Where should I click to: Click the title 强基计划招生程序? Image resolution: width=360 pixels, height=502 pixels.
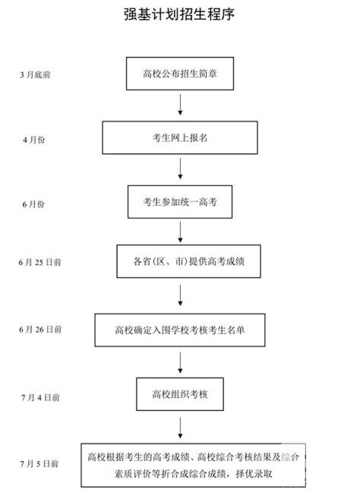(x=179, y=14)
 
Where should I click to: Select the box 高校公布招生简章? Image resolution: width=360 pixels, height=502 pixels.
(x=180, y=74)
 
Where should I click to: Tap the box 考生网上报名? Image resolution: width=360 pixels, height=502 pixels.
(x=180, y=137)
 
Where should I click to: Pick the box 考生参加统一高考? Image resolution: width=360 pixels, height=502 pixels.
(x=180, y=202)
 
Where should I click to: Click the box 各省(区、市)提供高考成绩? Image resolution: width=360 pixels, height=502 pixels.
(x=188, y=261)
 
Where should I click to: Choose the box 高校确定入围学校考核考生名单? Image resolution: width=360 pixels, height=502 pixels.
(x=180, y=330)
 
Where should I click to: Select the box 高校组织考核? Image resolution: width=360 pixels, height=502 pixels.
(x=180, y=394)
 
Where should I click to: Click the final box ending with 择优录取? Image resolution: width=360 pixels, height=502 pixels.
(x=193, y=466)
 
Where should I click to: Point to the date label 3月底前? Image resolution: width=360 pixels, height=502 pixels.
(x=35, y=75)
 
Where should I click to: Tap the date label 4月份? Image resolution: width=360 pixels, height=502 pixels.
(x=34, y=140)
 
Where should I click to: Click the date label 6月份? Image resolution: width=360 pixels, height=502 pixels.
(x=33, y=204)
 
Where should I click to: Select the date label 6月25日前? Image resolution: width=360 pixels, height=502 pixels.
(x=39, y=263)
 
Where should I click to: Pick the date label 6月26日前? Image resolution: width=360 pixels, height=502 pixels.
(x=40, y=330)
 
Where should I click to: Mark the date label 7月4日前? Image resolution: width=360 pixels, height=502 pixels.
(x=40, y=398)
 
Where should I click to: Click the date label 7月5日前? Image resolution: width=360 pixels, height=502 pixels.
(x=39, y=463)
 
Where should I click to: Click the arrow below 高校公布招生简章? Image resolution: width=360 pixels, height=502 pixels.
(x=180, y=105)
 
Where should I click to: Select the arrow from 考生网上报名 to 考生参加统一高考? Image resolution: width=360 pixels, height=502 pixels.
(x=180, y=169)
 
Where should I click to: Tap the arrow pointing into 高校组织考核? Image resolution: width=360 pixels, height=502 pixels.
(x=180, y=363)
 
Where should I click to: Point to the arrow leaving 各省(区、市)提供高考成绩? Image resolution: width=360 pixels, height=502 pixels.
(x=180, y=295)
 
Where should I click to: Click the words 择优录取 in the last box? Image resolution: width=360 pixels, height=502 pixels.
(x=254, y=473)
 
